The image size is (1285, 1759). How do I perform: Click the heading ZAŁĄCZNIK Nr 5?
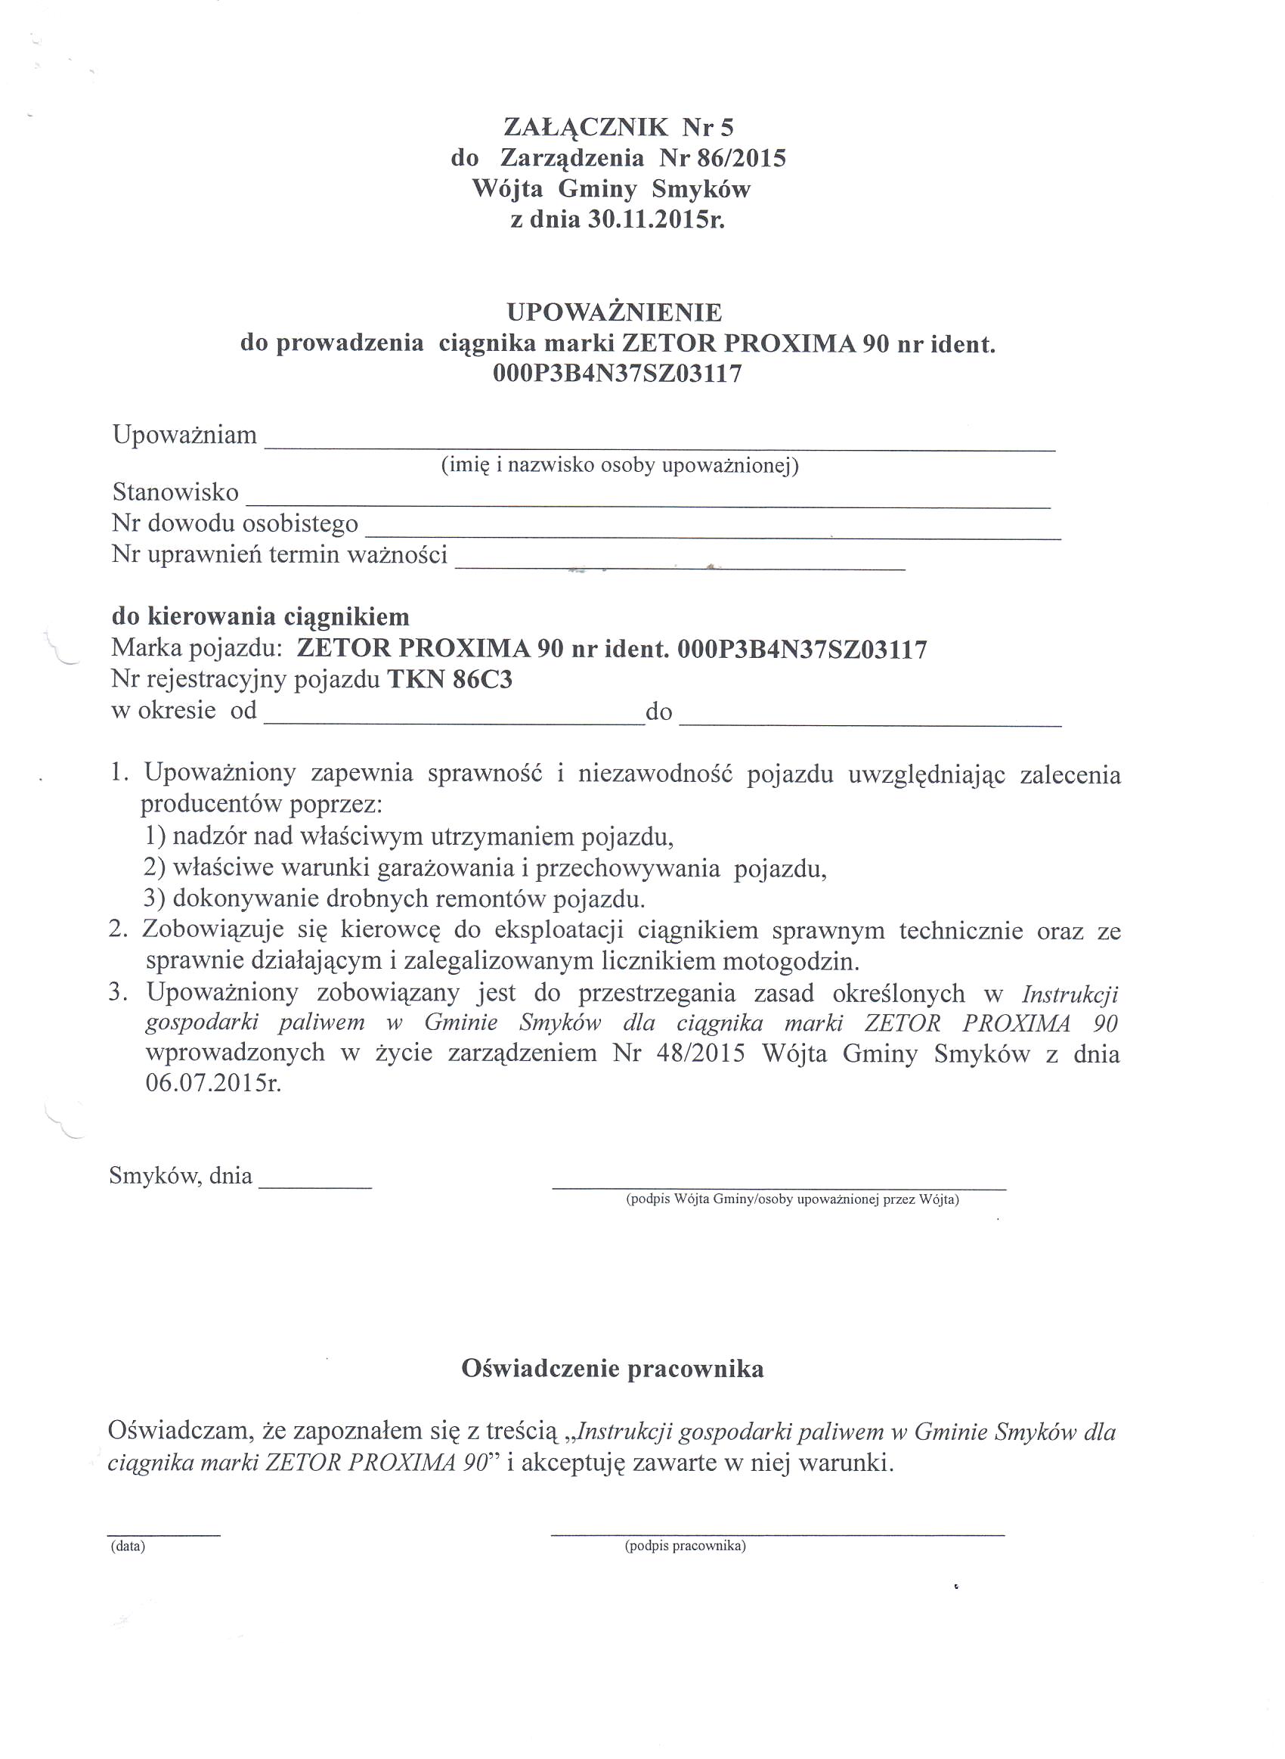pyautogui.click(x=618, y=127)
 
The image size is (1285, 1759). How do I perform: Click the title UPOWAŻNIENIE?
pyautogui.click(x=615, y=313)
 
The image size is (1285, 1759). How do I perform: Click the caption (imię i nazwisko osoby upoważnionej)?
pyautogui.click(x=620, y=465)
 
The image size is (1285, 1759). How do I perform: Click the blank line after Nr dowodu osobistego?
pyautogui.click(x=713, y=534)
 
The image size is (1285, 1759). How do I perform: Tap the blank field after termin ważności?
pyautogui.click(x=680, y=566)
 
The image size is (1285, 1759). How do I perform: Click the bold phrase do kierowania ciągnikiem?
pyautogui.click(x=261, y=617)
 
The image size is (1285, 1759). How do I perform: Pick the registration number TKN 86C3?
pyautogui.click(x=450, y=680)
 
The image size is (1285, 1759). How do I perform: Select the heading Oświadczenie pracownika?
pyautogui.click(x=612, y=1369)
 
